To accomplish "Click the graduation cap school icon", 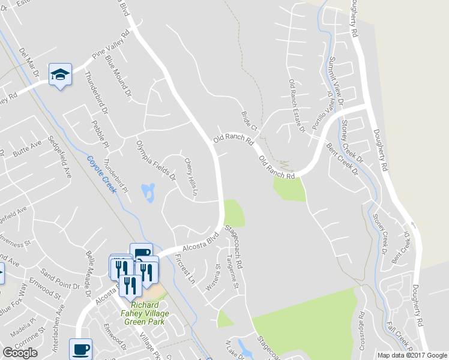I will [60, 74].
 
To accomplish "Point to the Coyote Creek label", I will [100, 169].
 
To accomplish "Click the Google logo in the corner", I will [20, 352].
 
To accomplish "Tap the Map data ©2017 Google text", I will [412, 355].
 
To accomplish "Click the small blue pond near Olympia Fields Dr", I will [148, 193].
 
